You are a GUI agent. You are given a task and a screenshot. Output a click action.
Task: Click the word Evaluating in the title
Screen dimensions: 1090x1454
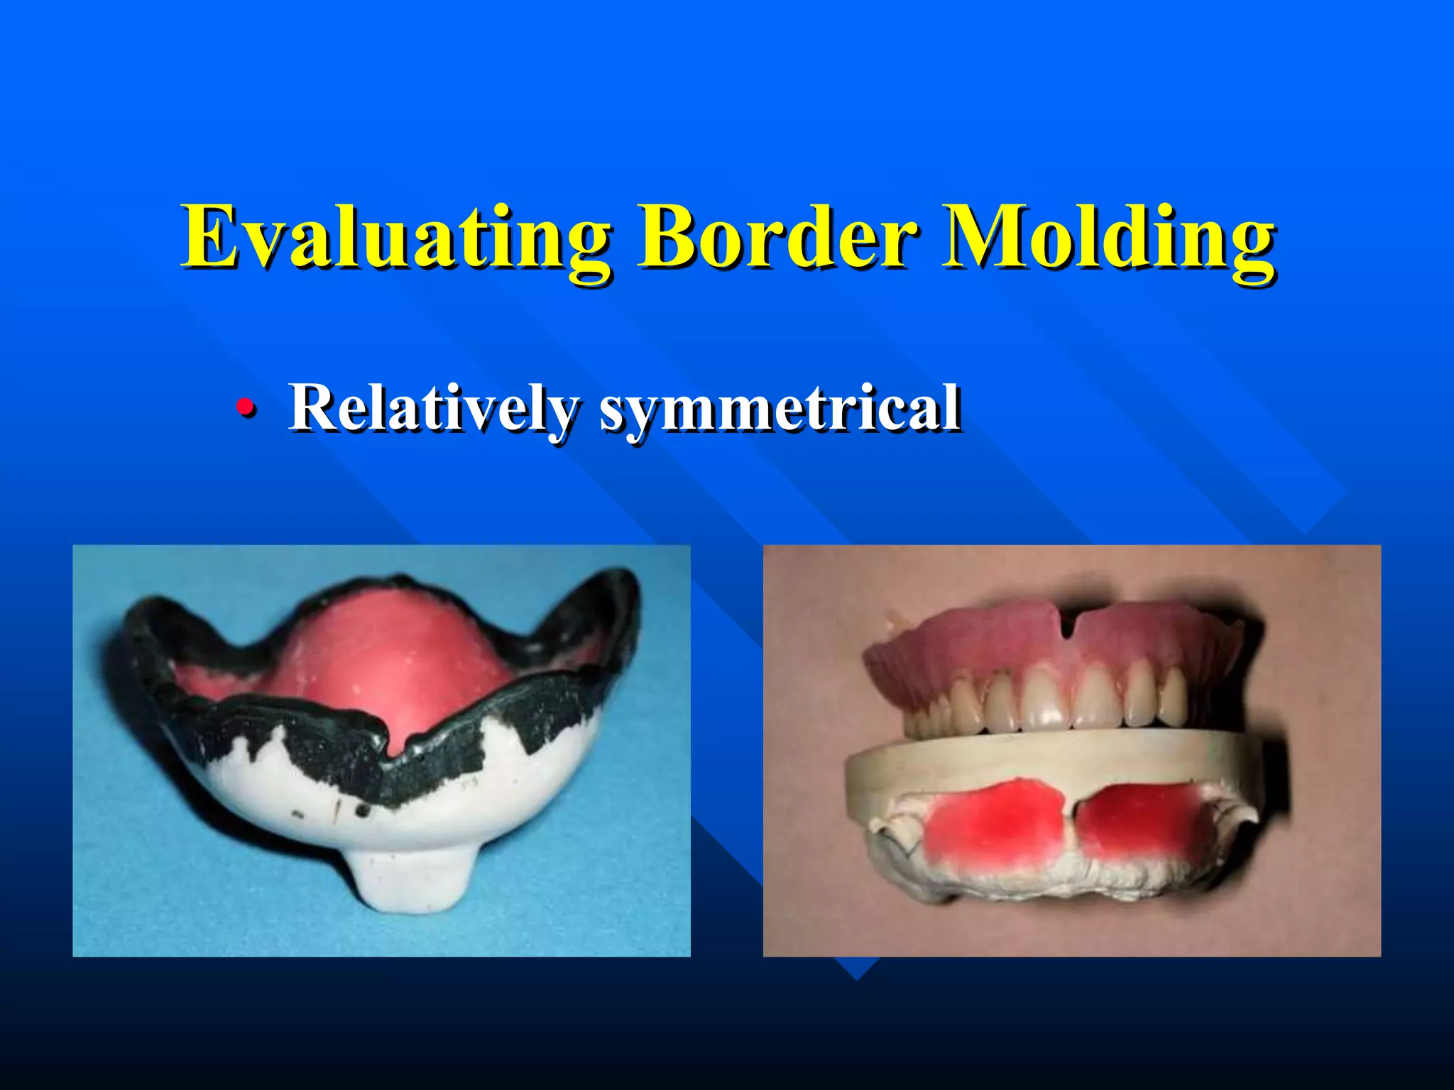(395, 238)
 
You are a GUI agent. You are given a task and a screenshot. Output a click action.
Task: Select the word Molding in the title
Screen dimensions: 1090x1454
(1108, 238)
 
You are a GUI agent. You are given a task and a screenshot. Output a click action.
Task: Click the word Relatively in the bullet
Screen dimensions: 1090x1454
(433, 408)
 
